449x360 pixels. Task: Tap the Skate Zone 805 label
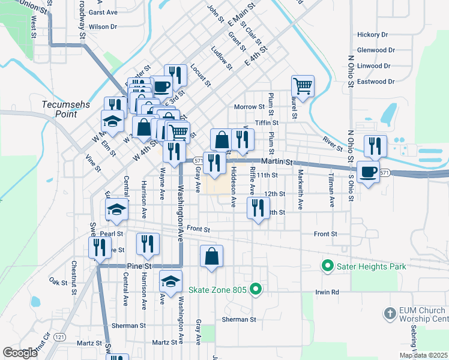pos(218,290)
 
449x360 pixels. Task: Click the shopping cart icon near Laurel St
pos(303,86)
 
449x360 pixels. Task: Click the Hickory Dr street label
pos(373,35)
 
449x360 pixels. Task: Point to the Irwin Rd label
pos(327,292)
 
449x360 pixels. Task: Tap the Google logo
pos(20,352)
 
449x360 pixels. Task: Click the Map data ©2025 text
pos(423,355)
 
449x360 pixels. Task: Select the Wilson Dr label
pos(103,27)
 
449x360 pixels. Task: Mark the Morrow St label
pos(249,107)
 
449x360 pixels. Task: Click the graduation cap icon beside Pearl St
pos(117,210)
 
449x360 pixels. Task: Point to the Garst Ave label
pos(103,12)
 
